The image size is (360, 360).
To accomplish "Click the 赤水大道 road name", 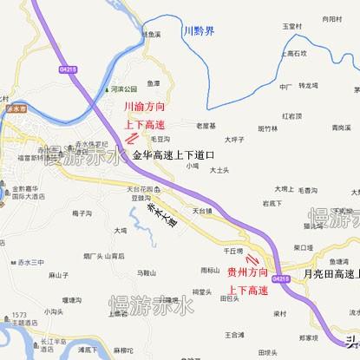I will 160,212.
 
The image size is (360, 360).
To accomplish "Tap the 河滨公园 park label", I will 125,89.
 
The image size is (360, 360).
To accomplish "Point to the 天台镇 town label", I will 203,210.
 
